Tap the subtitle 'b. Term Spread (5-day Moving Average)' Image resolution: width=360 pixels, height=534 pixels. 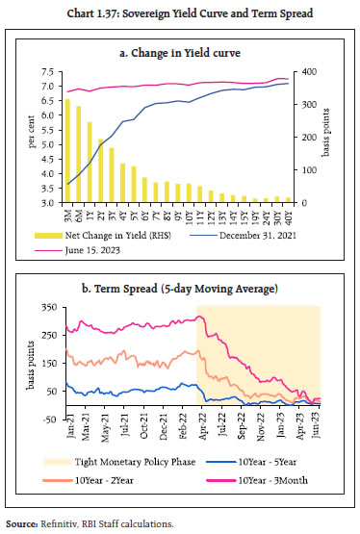pyautogui.click(x=180, y=289)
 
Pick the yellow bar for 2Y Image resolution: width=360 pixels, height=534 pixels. pyautogui.click(x=100, y=171)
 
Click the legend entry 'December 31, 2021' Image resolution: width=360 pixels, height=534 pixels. pyautogui.click(x=261, y=238)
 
